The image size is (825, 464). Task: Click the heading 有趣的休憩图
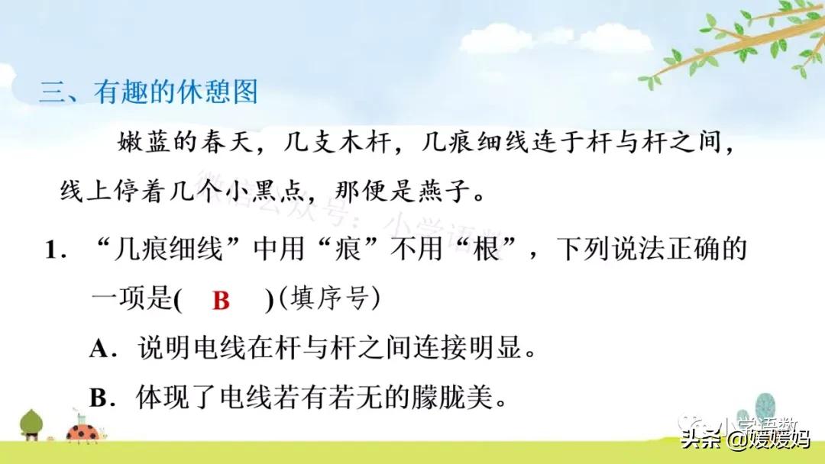(176, 93)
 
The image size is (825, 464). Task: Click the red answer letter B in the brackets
(221, 301)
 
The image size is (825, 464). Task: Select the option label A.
(101, 349)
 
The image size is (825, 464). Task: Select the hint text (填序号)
(328, 300)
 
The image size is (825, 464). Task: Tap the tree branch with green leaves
(733, 42)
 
